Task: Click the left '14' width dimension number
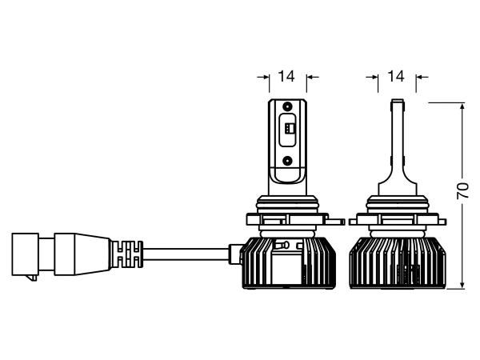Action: pyautogui.click(x=286, y=76)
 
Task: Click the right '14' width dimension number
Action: pyautogui.click(x=396, y=76)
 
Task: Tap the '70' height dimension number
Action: pyautogui.click(x=463, y=191)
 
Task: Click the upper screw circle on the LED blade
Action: pyautogui.click(x=287, y=106)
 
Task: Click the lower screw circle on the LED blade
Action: pyautogui.click(x=287, y=159)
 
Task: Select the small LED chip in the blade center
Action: pyautogui.click(x=290, y=128)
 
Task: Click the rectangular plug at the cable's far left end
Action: pyautogui.click(x=25, y=254)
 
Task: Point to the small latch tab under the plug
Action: pyautogui.click(x=32, y=278)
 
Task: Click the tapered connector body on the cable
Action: pyautogui.click(x=82, y=254)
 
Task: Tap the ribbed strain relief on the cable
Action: pyautogui.click(x=127, y=254)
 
